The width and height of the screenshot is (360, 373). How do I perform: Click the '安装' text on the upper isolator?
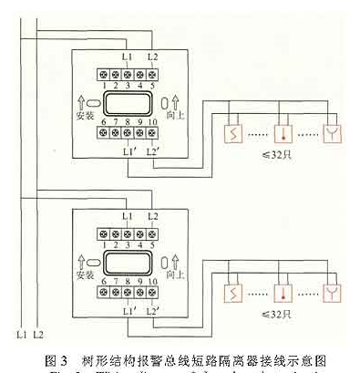click(84, 117)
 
